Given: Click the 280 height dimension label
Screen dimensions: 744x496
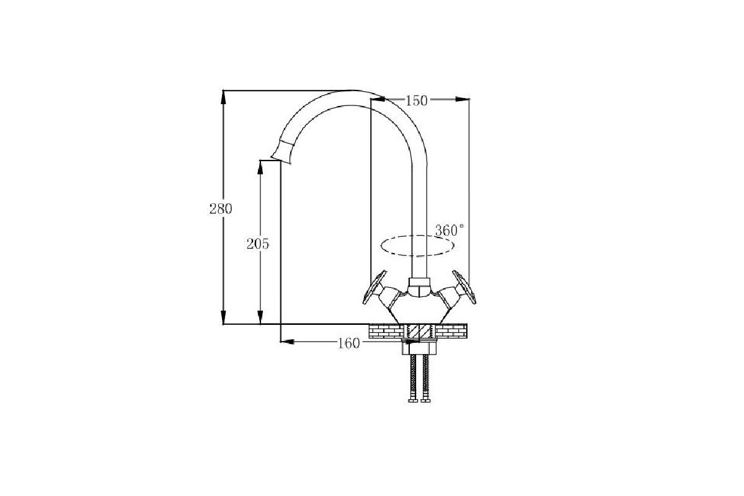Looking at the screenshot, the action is click(221, 209).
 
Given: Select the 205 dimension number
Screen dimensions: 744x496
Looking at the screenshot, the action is click(257, 244).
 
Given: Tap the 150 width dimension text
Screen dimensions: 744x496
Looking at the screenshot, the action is click(417, 100).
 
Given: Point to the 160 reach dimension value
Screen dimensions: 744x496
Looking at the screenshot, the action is click(348, 343).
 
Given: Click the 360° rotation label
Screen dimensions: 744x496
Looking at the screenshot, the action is click(449, 230).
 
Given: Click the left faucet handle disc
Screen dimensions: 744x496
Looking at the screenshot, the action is click(374, 287).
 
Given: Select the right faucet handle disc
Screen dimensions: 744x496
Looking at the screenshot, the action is click(464, 287).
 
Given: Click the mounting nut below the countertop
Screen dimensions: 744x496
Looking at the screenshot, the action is click(419, 347).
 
